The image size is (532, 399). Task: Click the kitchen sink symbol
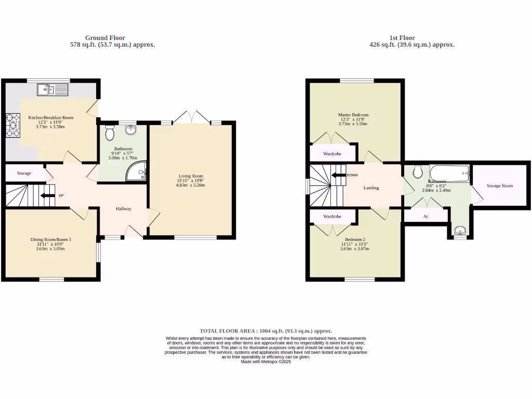[x=52, y=90]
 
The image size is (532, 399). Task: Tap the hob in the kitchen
[x=11, y=125]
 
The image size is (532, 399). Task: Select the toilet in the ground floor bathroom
[x=110, y=134]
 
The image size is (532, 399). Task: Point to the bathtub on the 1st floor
[x=450, y=174]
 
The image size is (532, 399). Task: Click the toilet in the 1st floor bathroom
[x=418, y=172]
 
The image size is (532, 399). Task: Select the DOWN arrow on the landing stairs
[x=339, y=175]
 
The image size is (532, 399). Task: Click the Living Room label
[x=191, y=176]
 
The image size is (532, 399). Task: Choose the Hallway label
[x=123, y=209]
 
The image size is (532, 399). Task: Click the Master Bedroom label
[x=353, y=115]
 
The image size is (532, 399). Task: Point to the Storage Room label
[x=500, y=185]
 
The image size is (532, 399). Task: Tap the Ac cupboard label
[x=425, y=216]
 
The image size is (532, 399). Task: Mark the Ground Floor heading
[x=105, y=38]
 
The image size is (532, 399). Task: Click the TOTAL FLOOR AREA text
[x=265, y=331]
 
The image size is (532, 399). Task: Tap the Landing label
[x=371, y=188]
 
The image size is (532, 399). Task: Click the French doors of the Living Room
[x=192, y=117]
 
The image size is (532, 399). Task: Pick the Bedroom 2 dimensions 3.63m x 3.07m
[x=354, y=249]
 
